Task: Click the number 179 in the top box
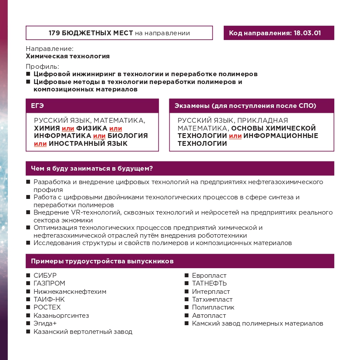(x=55, y=33)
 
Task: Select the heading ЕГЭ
(x=37, y=106)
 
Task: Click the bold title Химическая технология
(x=67, y=56)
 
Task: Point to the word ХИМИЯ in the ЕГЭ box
(x=47, y=128)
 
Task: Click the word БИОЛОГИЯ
(x=128, y=136)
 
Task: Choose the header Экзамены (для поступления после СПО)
(x=245, y=106)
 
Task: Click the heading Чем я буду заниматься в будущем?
(x=94, y=168)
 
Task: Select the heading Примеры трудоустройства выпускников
(x=102, y=262)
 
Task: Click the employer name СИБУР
(x=45, y=276)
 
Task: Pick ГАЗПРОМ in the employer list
(x=49, y=283)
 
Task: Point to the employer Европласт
(x=209, y=276)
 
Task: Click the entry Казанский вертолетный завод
(x=83, y=332)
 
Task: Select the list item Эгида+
(x=45, y=323)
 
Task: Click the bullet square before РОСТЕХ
(x=28, y=307)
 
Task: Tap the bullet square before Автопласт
(x=186, y=316)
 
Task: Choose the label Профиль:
(x=42, y=67)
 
